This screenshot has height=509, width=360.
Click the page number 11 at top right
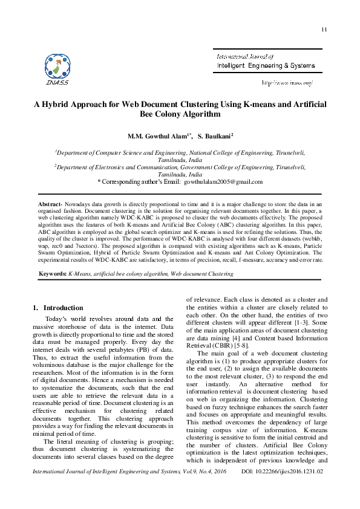(x=324, y=30)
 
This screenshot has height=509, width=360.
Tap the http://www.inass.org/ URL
(x=286, y=82)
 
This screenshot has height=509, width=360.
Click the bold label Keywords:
(x=52, y=274)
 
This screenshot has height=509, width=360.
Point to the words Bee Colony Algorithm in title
(x=180, y=114)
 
